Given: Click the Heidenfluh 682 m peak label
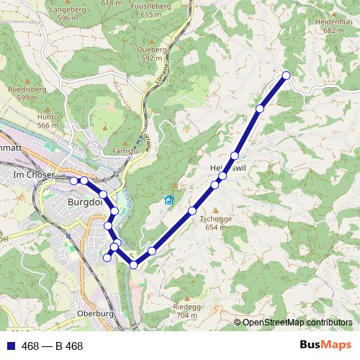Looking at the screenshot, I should tap(323, 27).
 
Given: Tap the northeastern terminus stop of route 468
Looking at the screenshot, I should tap(286, 76).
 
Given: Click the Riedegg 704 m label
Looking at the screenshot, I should tap(186, 310).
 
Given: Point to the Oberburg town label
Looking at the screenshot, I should tap(96, 314).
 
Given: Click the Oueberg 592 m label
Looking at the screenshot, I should tap(150, 53).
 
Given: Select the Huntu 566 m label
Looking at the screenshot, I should tap(48, 120).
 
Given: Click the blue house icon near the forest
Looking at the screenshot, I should tap(169, 200).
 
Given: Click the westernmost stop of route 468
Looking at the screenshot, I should tap(74, 180).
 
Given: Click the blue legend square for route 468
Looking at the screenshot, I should tap(10, 346).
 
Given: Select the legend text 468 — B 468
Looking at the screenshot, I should tap(53, 346).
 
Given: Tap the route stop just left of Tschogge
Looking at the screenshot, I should tap(192, 210).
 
